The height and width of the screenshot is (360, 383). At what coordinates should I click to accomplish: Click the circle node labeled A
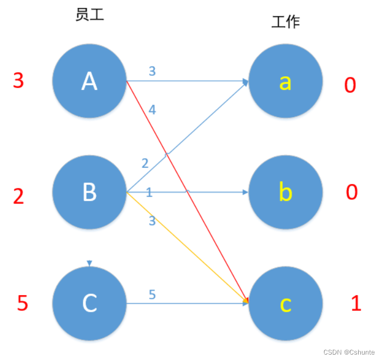pos(89,81)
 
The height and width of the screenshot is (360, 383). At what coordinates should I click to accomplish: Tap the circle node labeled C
pos(89,303)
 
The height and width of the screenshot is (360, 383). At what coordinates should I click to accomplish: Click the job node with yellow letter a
pos(286,81)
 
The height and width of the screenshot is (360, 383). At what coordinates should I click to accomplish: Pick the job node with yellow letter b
pos(286,192)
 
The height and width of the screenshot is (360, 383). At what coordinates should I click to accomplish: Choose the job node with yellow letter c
pos(286,304)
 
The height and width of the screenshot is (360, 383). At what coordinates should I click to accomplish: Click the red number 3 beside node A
pos(18,81)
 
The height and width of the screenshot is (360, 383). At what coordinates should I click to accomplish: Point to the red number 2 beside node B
pos(18,196)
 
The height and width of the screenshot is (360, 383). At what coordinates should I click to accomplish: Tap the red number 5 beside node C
pos(22,303)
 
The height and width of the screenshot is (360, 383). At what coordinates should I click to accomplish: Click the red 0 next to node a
pos(350,85)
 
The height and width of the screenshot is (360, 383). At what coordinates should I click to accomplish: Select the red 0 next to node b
pos(352,192)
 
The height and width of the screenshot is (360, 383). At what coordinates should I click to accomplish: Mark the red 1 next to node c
pos(356,304)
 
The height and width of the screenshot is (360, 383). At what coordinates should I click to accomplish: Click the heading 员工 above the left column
pos(89,15)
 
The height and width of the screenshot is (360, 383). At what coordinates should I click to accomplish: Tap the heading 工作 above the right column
pos(286,22)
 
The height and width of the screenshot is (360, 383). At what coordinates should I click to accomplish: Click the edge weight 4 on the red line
pos(152,110)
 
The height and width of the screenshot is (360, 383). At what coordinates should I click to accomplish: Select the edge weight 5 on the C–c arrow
pos(152,294)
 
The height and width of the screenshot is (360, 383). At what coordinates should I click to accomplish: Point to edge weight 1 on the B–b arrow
pos(149,192)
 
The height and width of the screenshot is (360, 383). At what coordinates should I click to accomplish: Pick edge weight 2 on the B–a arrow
pos(145,163)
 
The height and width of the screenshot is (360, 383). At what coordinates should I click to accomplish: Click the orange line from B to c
pos(187,246)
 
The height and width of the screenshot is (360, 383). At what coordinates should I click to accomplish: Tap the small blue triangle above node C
pos(90,263)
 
